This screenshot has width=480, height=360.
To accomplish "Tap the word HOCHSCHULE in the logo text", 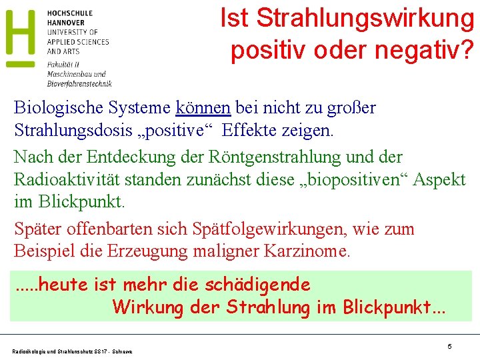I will (69, 13).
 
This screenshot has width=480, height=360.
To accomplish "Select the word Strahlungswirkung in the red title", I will (364, 19).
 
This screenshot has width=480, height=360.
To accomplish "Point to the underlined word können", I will (203, 107).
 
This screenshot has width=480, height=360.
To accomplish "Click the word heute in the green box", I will (60, 285).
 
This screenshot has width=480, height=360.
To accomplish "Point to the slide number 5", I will (449, 347).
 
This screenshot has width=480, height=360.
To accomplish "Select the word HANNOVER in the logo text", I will (65, 23).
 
